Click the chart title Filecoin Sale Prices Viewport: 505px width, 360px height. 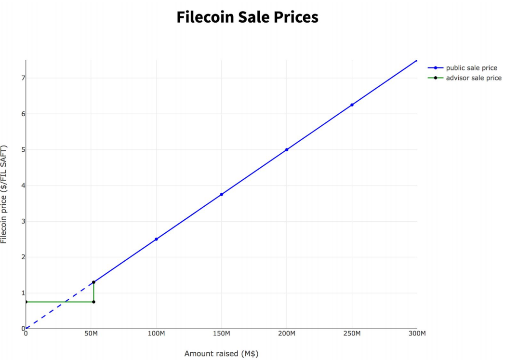click(x=247, y=17)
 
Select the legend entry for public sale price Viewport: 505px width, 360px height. click(x=471, y=68)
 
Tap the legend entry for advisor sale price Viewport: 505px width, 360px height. click(x=473, y=78)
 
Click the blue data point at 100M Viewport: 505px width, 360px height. click(x=156, y=239)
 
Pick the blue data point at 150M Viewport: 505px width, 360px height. click(x=221, y=194)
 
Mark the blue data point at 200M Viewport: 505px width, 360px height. click(x=287, y=149)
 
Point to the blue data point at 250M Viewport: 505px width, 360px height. click(x=352, y=105)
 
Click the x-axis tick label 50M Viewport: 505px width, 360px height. click(x=91, y=334)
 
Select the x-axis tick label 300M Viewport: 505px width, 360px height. click(x=417, y=334)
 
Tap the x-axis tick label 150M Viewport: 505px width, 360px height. click(x=221, y=334)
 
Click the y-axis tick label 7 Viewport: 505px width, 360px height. click(x=22, y=78)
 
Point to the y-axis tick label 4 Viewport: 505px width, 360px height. click(x=22, y=186)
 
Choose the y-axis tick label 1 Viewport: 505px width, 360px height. click(x=22, y=293)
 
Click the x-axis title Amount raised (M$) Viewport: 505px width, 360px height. click(x=221, y=354)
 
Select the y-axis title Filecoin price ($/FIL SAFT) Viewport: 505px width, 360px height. click(x=4, y=194)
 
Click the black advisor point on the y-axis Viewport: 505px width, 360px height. click(x=26, y=302)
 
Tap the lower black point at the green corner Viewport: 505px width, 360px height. click(x=93, y=302)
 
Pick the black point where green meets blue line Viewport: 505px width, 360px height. click(x=93, y=282)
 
